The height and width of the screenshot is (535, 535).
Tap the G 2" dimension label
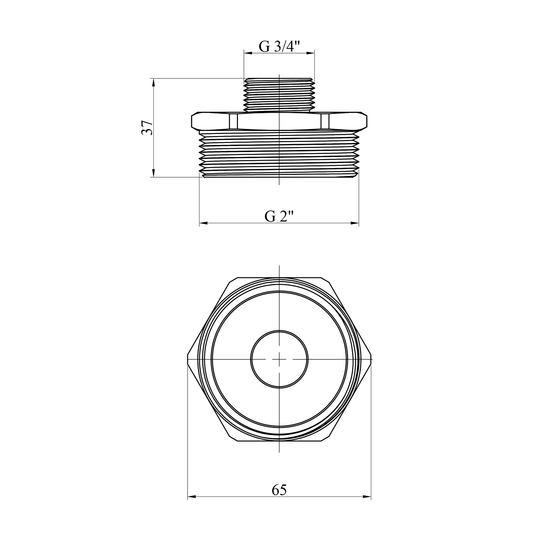click(279, 216)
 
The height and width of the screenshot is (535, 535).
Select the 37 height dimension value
click(147, 127)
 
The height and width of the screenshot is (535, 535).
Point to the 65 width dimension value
click(279, 490)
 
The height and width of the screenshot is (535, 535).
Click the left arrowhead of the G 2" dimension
click(203, 224)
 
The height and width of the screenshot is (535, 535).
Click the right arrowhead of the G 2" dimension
click(355, 224)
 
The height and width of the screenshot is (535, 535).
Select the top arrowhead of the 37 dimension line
click(154, 83)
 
